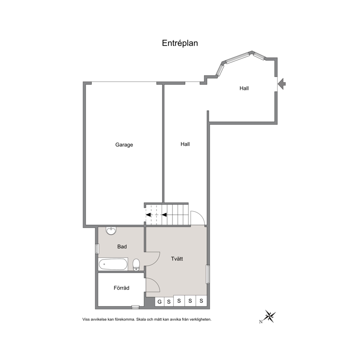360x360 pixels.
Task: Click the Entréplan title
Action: pyautogui.click(x=180, y=43)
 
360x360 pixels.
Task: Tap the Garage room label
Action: pyautogui.click(x=124, y=145)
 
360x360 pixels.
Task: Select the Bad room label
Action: pyautogui.click(x=122, y=246)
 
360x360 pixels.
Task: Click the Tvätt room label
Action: pyautogui.click(x=177, y=259)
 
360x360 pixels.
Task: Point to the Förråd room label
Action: pyautogui.click(x=122, y=288)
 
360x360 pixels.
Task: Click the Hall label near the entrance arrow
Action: pyautogui.click(x=244, y=88)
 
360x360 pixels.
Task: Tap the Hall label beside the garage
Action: pyautogui.click(x=185, y=144)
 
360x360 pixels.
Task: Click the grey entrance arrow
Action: pyautogui.click(x=282, y=84)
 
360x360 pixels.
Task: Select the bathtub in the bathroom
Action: pyautogui.click(x=113, y=264)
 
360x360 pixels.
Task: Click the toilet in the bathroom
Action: pyautogui.click(x=136, y=265)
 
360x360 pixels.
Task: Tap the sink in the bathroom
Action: pyautogui.click(x=111, y=231)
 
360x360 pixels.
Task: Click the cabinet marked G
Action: pyautogui.click(x=160, y=302)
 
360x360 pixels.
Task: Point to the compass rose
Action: pyautogui.click(x=269, y=316)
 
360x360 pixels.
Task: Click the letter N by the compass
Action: pyautogui.click(x=261, y=322)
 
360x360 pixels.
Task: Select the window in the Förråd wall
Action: pyautogui.click(x=135, y=307)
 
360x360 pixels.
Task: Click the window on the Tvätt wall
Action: pyautogui.click(x=208, y=274)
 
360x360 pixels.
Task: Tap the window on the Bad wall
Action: pyautogui.click(x=97, y=249)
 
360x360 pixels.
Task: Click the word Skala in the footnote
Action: pyautogui.click(x=141, y=319)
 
